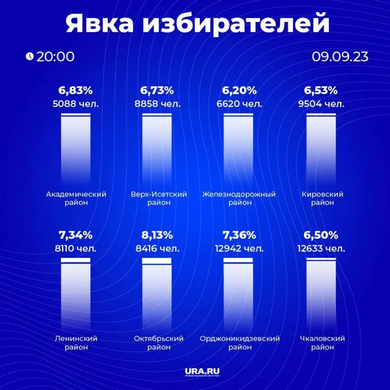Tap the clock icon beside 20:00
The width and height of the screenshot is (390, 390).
(29, 56)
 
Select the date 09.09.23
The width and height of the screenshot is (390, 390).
(340, 56)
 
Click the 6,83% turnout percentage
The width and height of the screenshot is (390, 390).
(75, 91)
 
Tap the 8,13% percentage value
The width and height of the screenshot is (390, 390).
(157, 236)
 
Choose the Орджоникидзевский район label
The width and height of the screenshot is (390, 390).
(239, 343)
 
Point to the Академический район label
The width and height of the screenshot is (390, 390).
(75, 198)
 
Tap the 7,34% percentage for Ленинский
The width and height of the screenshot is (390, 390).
(75, 236)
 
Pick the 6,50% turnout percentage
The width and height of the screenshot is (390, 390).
(321, 236)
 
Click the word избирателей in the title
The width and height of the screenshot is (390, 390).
(236, 24)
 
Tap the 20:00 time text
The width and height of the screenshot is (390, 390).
(55, 56)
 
